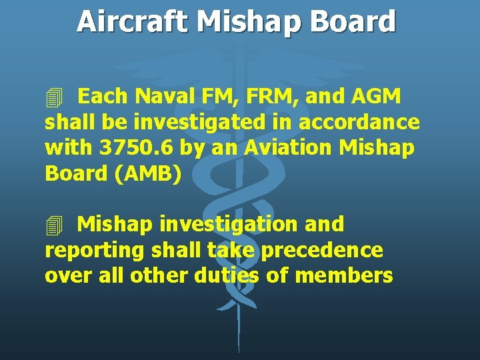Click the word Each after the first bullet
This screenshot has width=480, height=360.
click(103, 97)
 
